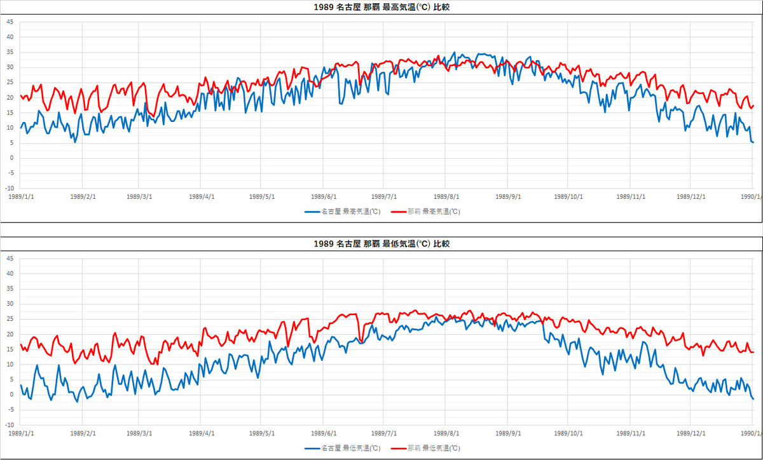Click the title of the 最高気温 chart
tap(382, 8)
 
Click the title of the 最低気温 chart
tap(382, 244)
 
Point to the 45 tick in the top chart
tap(10, 22)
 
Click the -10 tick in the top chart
tap(9, 189)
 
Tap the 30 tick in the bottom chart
tap(10, 304)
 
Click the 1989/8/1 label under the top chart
tap(448, 196)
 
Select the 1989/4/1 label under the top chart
tap(201, 196)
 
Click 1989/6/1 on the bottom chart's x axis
tap(324, 433)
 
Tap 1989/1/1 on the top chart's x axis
tap(21, 196)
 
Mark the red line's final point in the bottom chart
tap(753, 352)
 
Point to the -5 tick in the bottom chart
tap(10, 410)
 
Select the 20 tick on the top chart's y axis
tap(10, 97)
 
